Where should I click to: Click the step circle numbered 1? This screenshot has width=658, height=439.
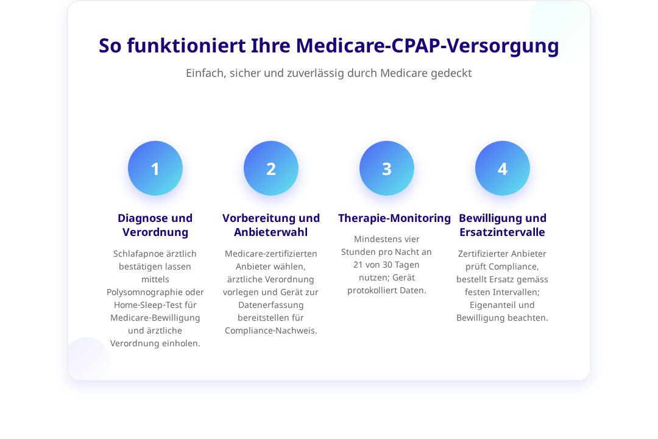[x=155, y=168]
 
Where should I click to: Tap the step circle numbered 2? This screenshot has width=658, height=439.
[x=271, y=168]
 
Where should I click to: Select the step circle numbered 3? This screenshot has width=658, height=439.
[x=387, y=168]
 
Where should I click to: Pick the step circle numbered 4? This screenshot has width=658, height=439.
[x=502, y=168]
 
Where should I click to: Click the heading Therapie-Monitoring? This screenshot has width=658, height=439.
[x=394, y=218]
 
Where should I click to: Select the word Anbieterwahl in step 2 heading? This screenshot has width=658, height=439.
[x=271, y=232]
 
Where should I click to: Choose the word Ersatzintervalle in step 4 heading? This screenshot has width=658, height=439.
[x=502, y=232]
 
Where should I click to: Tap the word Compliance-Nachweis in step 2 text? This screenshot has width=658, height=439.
[x=271, y=330]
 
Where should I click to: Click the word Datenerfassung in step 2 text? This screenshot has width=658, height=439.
[x=271, y=305]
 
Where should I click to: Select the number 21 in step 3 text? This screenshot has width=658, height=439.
[x=358, y=265]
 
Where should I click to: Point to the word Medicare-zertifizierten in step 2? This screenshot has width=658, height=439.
[x=271, y=254]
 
